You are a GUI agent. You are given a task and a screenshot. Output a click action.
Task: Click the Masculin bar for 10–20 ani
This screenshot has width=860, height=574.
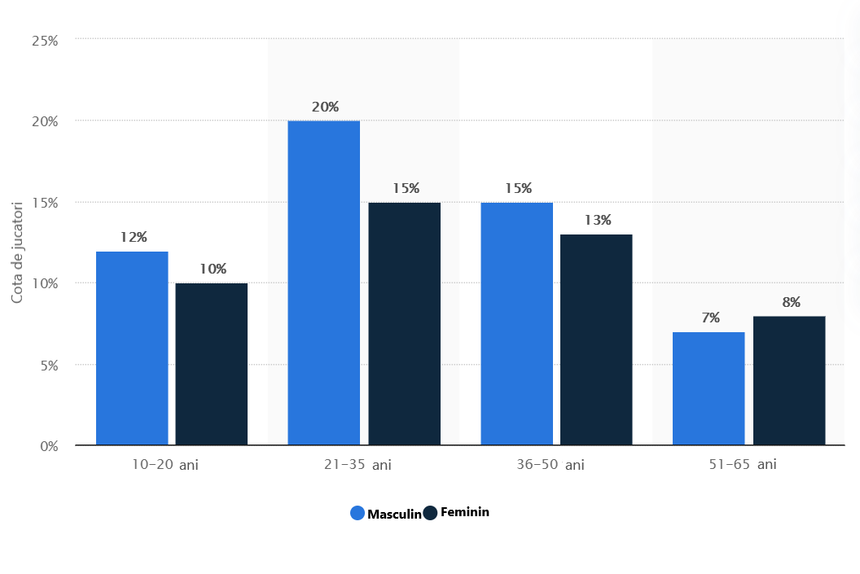point(132,348)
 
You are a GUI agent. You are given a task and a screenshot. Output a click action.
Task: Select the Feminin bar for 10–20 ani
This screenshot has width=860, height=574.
point(212,364)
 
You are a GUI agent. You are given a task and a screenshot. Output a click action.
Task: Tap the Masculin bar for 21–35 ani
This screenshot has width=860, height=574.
point(324,283)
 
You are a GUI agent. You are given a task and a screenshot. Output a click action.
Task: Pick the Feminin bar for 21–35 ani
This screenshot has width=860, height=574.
point(404,324)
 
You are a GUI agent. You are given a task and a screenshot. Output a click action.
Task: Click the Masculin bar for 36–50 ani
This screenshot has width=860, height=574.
point(516,324)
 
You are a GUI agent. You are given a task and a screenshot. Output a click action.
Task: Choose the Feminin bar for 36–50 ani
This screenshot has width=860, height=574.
point(596,340)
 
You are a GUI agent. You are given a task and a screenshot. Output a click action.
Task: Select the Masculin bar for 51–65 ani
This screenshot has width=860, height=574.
point(709,388)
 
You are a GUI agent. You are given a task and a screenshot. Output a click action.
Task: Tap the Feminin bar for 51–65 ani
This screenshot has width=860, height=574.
point(789,380)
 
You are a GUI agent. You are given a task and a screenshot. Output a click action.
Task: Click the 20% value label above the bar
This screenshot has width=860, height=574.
point(325,107)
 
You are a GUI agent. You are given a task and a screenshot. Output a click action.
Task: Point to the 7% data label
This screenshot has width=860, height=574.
point(710,318)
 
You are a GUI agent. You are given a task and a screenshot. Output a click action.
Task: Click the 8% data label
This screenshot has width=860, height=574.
point(791,302)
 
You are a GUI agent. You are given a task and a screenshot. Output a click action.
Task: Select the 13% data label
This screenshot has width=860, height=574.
point(597,220)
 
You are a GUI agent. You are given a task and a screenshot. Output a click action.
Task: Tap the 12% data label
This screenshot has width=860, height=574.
point(134,237)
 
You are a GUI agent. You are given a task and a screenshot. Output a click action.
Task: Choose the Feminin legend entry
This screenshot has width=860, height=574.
point(457,512)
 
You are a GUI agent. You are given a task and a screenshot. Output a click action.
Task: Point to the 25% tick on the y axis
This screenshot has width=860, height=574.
point(45,39)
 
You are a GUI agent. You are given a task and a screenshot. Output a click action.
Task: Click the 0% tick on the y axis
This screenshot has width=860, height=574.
point(48,446)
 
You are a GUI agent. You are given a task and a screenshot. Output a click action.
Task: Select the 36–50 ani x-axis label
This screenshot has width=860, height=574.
point(550,465)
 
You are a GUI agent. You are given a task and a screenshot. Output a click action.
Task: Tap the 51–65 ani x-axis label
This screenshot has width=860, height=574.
point(742,464)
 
